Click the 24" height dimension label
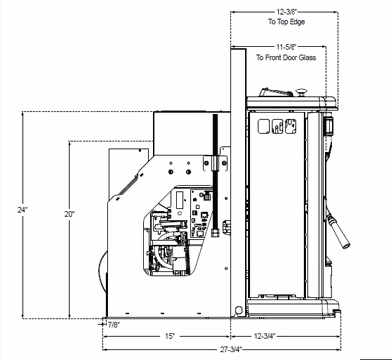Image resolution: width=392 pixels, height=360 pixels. click(23, 210)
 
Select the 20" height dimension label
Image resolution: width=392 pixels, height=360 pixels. click(69, 214)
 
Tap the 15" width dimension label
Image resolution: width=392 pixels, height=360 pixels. click(169, 336)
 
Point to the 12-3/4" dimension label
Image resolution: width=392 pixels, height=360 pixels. click(265, 336)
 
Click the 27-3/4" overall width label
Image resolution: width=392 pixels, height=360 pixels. click(231, 349)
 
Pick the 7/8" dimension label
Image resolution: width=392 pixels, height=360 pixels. click(114, 324)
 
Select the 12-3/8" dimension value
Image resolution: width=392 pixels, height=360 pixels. click(288, 12)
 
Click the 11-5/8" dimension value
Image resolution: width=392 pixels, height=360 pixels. click(286, 47)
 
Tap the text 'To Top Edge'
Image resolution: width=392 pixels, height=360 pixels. click(287, 22)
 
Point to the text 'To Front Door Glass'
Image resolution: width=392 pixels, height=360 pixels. click(286, 58)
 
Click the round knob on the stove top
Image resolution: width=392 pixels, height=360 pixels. click(301, 91)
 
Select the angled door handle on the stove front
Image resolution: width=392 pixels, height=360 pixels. click(338, 231)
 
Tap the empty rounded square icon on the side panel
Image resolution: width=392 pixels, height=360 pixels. click(264, 126)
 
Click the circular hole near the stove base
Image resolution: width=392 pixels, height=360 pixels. click(238, 310)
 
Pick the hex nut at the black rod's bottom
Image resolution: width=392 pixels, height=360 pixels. click(216, 232)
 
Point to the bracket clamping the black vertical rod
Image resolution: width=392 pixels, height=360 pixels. click(216, 163)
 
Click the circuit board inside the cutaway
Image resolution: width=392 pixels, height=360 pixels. click(201, 213)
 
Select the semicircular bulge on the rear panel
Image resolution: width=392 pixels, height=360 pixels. click(102, 271)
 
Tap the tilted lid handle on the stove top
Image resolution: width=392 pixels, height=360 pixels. click(275, 91)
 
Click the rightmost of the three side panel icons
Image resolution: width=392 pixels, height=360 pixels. click(291, 126)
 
